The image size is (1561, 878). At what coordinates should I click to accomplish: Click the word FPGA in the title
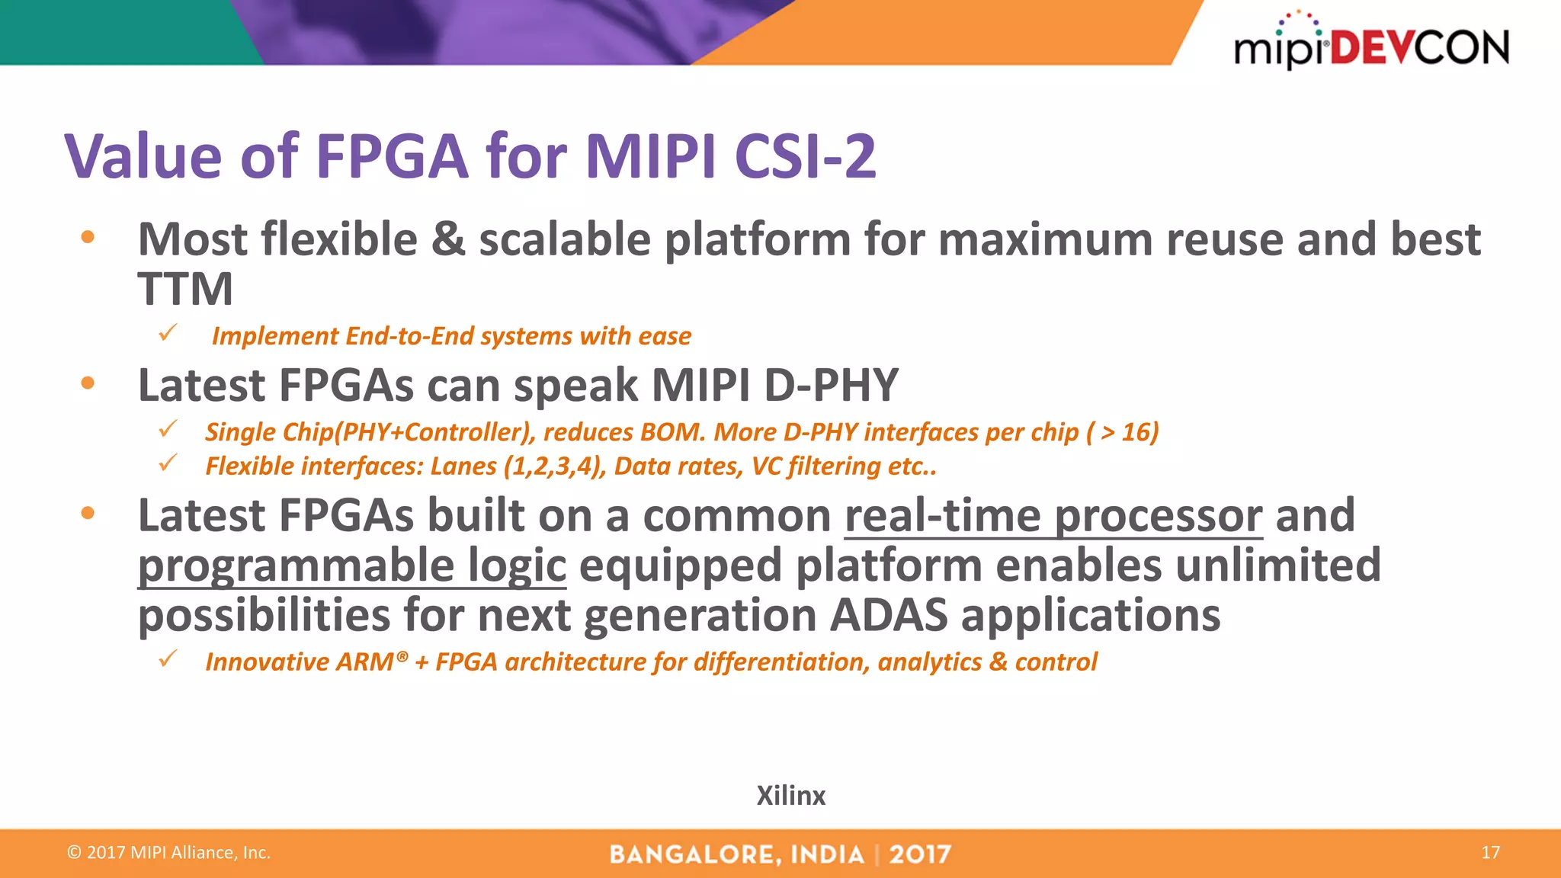pos(391,156)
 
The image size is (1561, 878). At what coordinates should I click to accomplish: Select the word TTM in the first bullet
pos(185,290)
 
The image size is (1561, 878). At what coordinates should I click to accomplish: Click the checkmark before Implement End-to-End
pos(168,333)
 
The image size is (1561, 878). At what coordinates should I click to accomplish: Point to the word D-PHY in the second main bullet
pos(831,385)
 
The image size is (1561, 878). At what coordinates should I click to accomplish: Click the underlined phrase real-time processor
pos(1053,516)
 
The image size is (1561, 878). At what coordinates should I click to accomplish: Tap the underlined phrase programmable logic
pos(351,566)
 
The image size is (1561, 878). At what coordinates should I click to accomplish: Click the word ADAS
pos(889,615)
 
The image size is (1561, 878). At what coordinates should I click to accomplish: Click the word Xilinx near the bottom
pos(790,796)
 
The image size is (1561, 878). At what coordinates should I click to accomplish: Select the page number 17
pos(1490,852)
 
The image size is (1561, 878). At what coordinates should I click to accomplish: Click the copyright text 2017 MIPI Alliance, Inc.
pos(169,852)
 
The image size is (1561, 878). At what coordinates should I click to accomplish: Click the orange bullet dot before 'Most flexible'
pos(88,237)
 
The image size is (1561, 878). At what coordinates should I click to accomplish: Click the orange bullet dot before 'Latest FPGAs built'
pos(88,514)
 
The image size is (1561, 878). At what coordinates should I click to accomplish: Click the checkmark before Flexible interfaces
pos(168,463)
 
